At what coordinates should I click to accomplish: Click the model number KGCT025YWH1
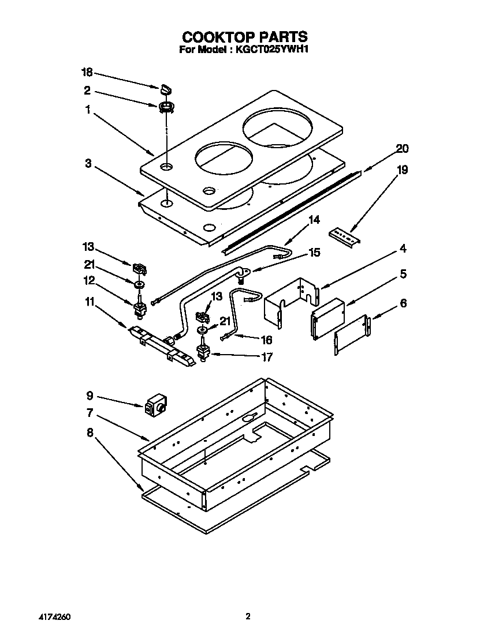click(x=271, y=50)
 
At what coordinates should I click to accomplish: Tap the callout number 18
click(x=87, y=72)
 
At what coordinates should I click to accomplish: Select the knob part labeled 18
click(x=165, y=88)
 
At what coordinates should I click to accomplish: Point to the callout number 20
click(x=402, y=149)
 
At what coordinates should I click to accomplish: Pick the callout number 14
click(x=314, y=220)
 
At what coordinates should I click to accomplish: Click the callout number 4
click(x=403, y=249)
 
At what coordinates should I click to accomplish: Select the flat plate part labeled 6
click(x=351, y=334)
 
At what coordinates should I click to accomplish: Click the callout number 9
click(x=90, y=396)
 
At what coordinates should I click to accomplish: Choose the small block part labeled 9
click(x=155, y=406)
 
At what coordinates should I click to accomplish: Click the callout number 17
click(x=266, y=358)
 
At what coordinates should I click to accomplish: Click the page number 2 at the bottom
click(x=248, y=616)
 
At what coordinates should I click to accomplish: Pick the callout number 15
click(x=314, y=253)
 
